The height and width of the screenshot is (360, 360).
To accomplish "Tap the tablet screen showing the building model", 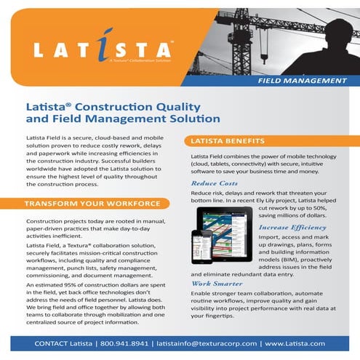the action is [225, 231].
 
